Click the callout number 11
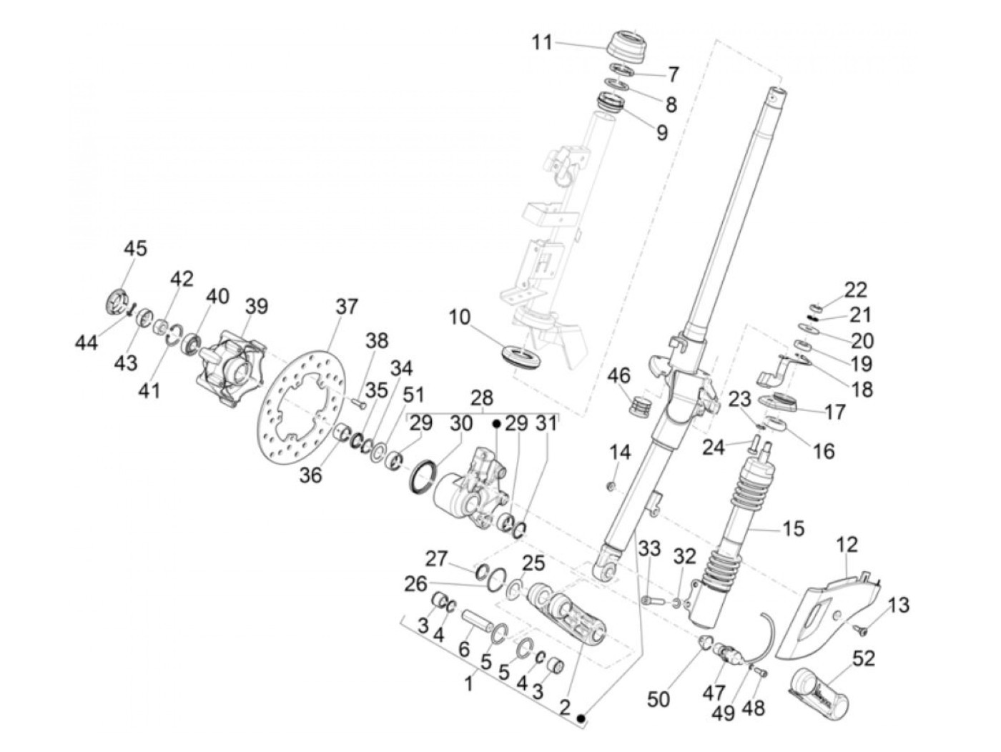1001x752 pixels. (x=541, y=43)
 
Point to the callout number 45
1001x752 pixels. (x=135, y=249)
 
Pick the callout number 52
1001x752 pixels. (x=864, y=658)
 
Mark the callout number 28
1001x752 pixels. (x=482, y=398)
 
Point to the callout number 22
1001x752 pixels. (x=855, y=290)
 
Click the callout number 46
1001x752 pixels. (x=619, y=375)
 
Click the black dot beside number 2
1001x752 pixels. (x=582, y=717)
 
